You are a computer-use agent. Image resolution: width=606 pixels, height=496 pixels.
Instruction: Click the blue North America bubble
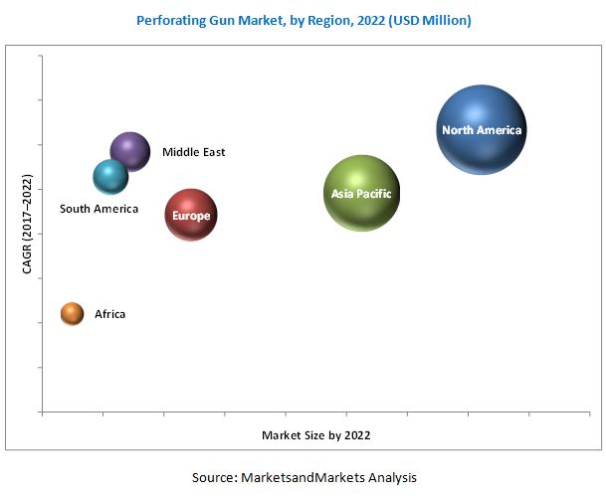482,130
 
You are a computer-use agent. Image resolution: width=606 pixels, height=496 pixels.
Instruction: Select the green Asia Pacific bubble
362,194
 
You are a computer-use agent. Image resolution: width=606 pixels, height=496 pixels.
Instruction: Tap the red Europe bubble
190,215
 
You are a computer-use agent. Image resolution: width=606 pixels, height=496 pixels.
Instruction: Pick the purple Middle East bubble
130,152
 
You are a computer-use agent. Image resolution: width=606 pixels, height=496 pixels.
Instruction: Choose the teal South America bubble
110,177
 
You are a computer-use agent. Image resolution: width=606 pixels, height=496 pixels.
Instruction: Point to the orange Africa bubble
73,314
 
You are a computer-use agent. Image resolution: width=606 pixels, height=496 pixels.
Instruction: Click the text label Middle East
194,152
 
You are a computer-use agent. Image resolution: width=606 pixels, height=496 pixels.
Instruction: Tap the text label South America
99,209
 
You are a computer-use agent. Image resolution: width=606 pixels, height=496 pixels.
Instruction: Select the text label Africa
110,314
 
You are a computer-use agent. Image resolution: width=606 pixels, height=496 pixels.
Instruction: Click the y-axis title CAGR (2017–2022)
27,226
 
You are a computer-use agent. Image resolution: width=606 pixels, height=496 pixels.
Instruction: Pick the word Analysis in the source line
391,477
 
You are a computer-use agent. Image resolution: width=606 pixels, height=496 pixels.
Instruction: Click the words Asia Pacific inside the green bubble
362,194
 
